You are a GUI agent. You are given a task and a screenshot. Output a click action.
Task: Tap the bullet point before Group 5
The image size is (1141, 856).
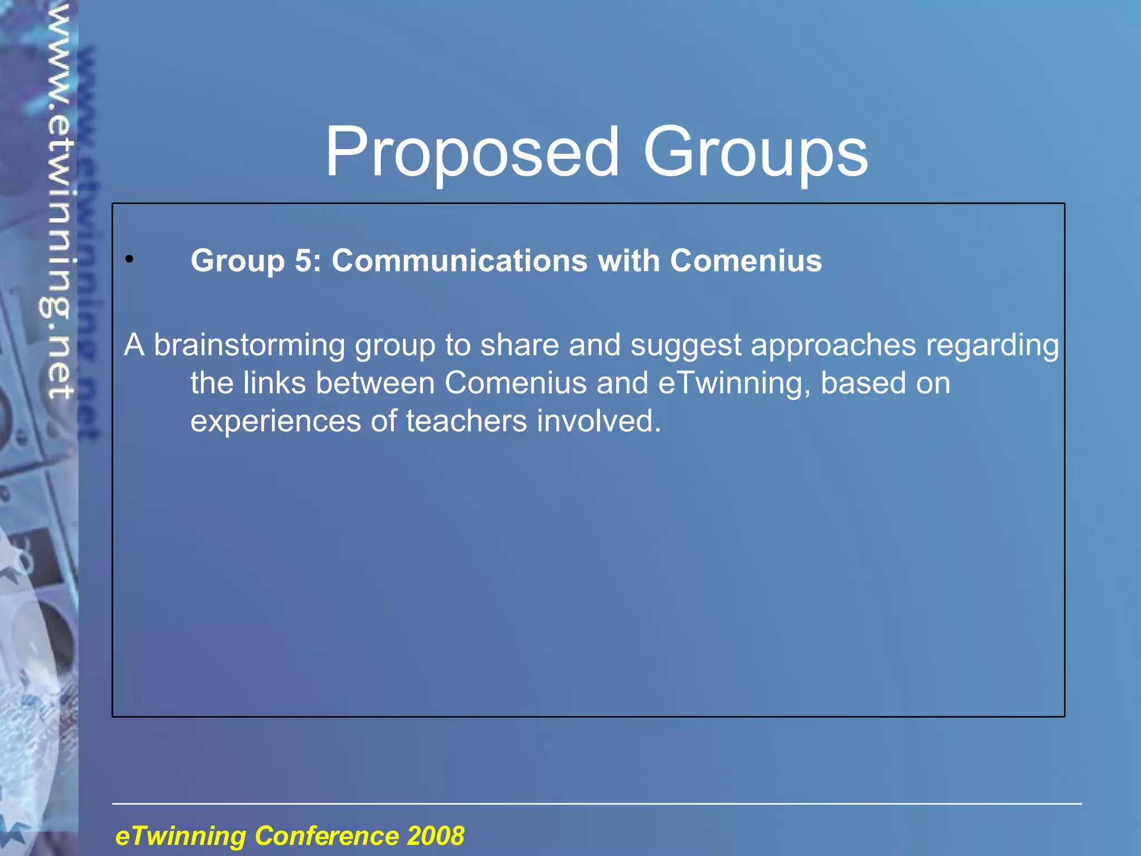point(129,259)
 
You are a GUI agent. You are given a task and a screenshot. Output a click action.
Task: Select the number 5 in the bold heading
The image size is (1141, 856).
point(304,261)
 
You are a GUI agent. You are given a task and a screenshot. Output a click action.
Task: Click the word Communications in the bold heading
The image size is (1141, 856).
point(459,261)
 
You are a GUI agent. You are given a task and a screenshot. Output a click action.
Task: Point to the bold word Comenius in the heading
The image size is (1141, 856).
point(745,261)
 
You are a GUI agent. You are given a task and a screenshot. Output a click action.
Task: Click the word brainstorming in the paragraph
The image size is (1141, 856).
point(249,346)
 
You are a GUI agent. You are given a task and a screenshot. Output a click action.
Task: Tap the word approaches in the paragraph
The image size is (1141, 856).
point(833,346)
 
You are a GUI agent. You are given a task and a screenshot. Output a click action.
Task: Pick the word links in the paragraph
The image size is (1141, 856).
point(275,383)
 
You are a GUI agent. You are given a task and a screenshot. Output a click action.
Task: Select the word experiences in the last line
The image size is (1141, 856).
point(275,421)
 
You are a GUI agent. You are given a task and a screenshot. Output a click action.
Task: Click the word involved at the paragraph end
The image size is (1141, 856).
point(598,421)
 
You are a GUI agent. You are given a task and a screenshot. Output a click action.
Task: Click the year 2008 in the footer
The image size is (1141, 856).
point(436,836)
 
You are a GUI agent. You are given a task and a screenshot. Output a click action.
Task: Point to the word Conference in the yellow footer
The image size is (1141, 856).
point(326,836)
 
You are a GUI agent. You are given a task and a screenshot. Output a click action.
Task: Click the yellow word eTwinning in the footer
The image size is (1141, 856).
point(181,836)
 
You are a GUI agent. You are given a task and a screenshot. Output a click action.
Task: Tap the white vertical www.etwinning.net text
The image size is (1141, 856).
point(58,201)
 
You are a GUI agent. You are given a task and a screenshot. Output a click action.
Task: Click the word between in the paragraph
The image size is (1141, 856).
point(375,383)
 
